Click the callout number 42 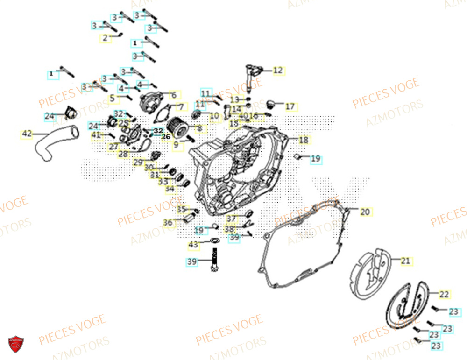click(27, 134)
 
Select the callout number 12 click(278, 71)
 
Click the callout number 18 click(303, 140)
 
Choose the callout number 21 click(405, 261)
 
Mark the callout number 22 click(444, 294)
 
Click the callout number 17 click(290, 106)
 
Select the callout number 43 click(193, 245)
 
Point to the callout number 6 click(173, 95)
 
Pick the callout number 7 click(181, 106)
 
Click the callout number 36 click(167, 223)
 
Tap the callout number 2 click(105, 37)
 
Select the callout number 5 click(112, 98)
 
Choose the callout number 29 click(138, 162)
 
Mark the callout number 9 click(176, 145)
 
